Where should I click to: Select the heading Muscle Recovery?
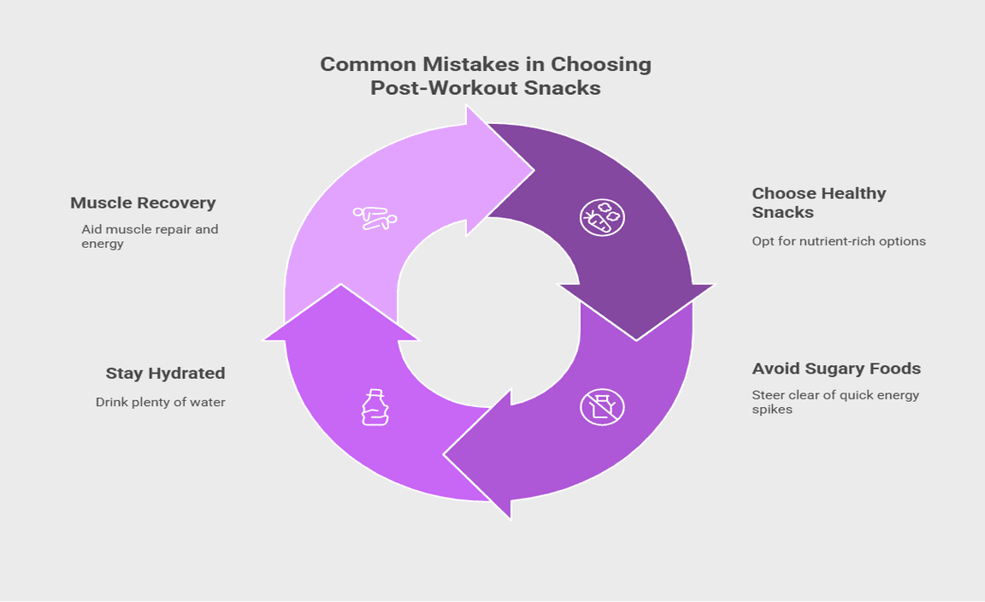[143, 204]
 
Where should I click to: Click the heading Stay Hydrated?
[165, 374]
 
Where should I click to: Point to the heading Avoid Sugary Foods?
[836, 369]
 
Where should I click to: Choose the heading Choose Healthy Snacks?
[819, 203]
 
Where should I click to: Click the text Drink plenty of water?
[160, 402]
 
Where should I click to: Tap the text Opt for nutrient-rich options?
[839, 241]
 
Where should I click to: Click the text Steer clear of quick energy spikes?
[835, 402]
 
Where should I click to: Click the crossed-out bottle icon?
[602, 406]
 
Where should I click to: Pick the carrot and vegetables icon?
[602, 217]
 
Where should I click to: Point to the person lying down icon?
[375, 217]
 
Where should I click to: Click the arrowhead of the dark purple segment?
[636, 312]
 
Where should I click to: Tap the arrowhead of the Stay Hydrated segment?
[341, 312]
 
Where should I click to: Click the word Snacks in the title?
[558, 88]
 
